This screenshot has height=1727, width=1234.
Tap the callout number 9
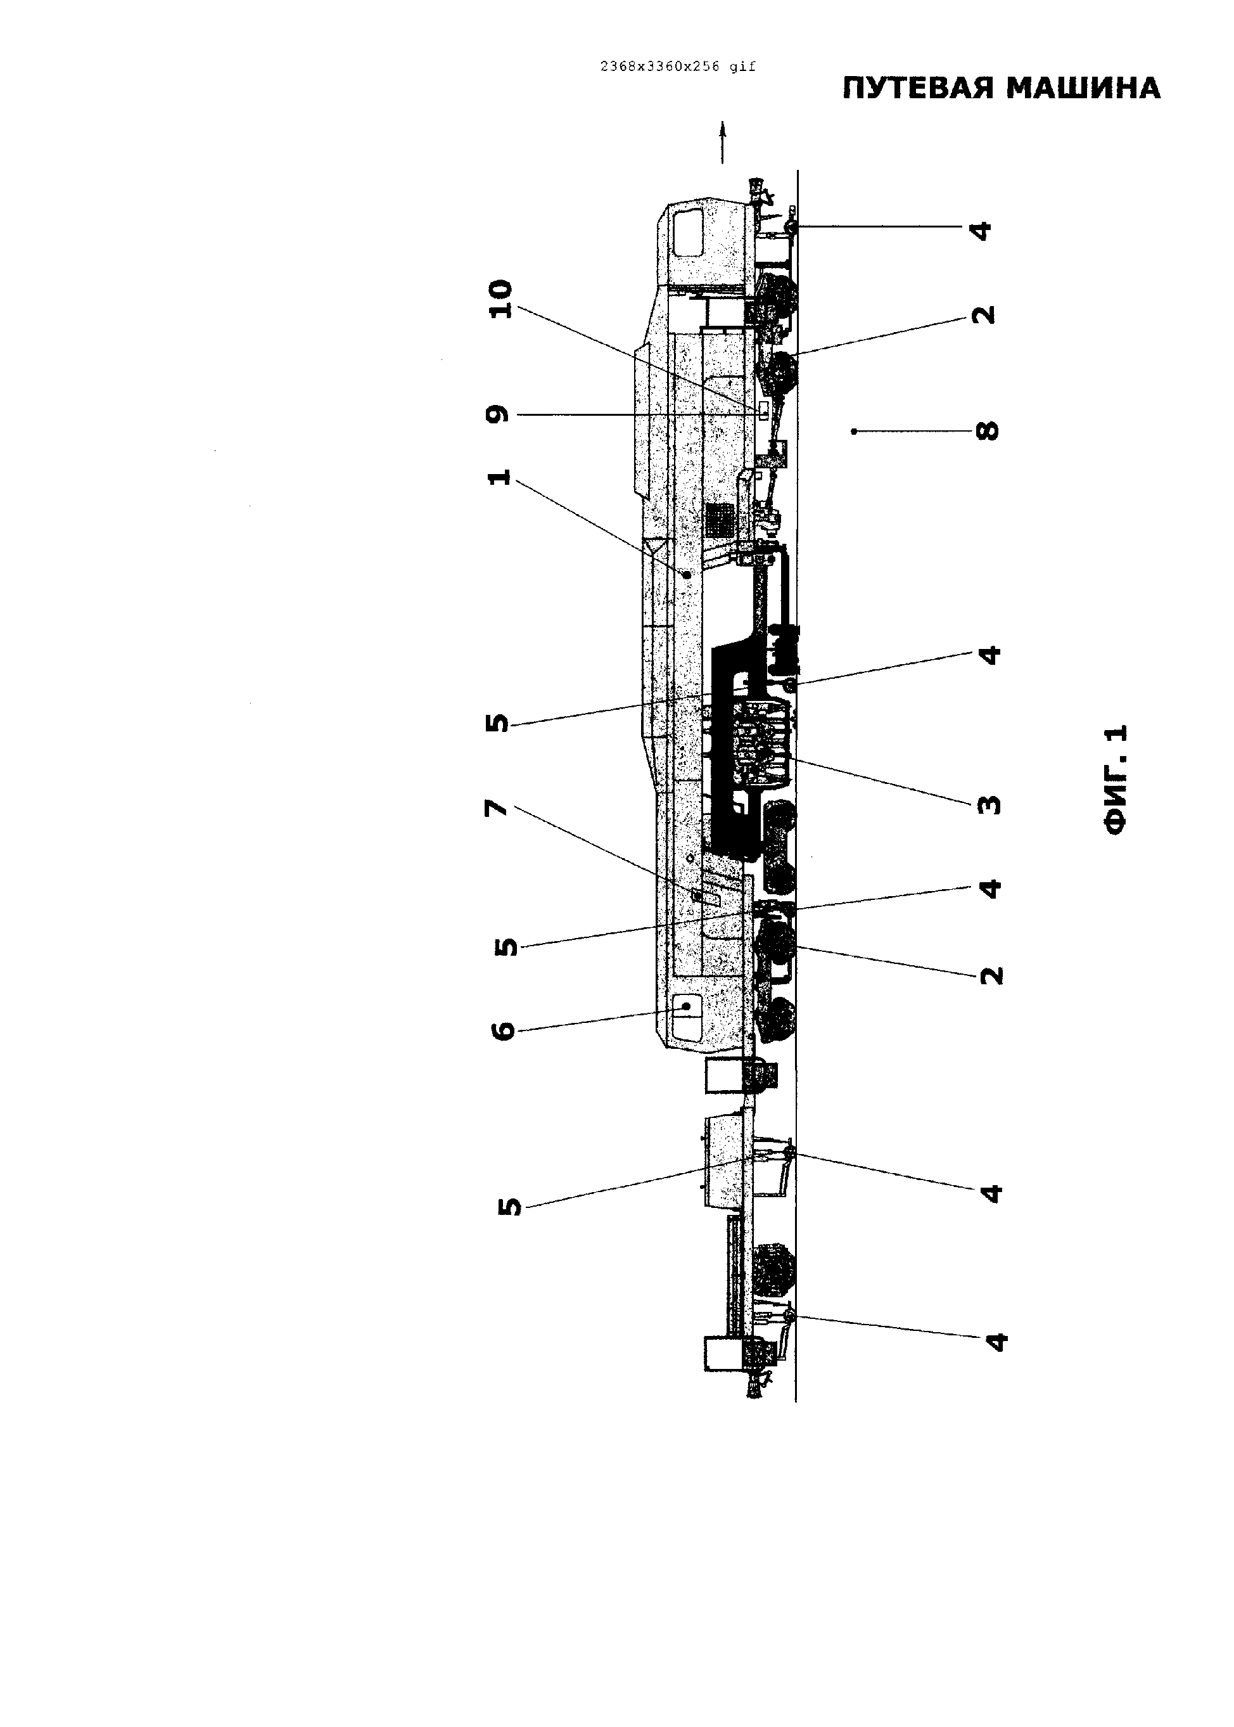[498, 415]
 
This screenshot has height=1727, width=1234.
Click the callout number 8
[987, 431]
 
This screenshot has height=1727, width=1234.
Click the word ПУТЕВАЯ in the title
[918, 89]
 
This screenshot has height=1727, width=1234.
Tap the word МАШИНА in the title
[1085, 89]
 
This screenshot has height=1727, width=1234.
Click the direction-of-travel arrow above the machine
[723, 142]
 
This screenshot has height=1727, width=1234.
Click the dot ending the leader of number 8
[854, 431]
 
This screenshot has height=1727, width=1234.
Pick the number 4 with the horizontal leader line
[982, 229]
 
